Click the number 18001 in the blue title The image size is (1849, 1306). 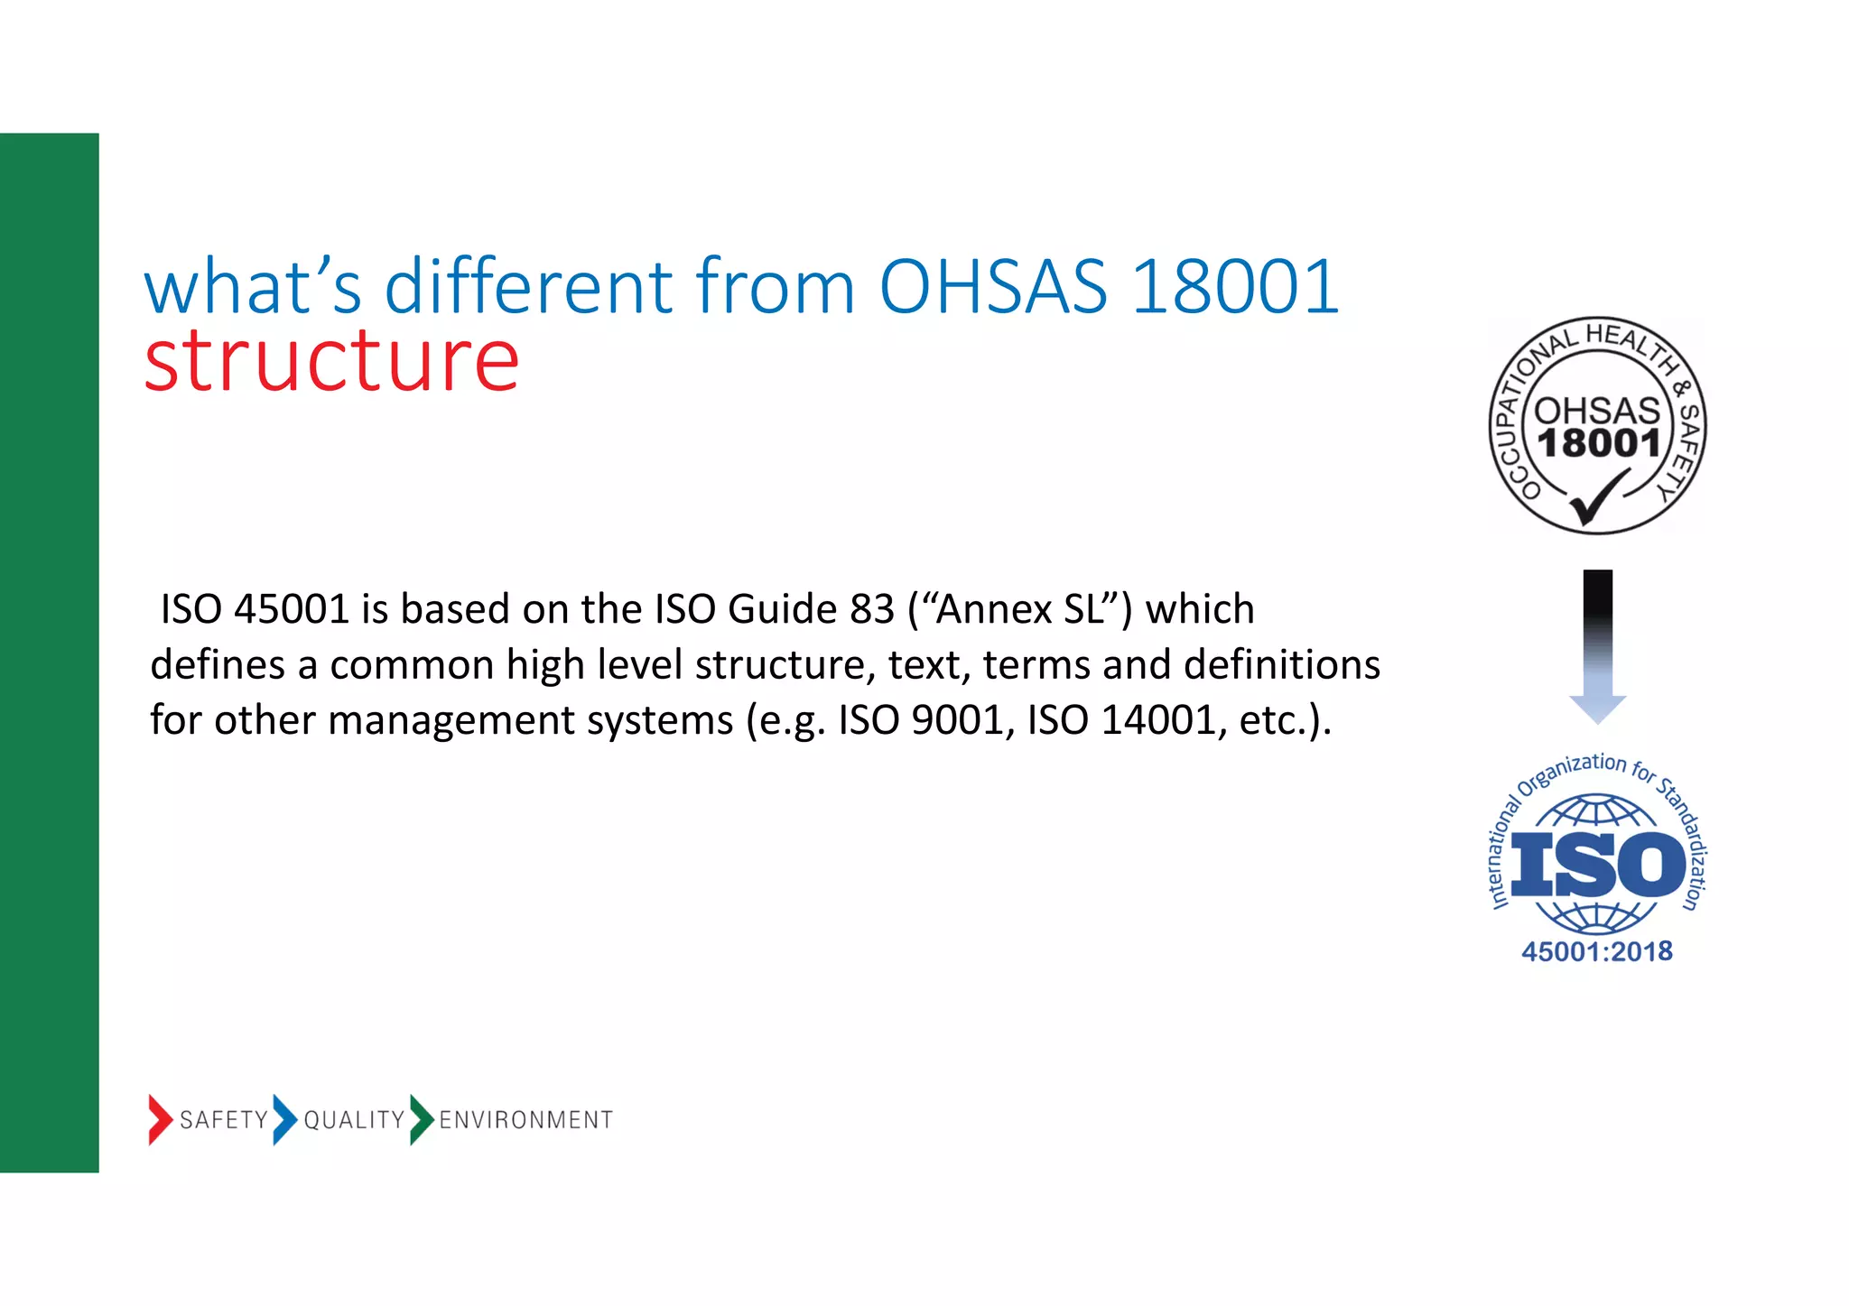pyautogui.click(x=1234, y=288)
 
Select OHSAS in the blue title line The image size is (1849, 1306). pyautogui.click(x=993, y=288)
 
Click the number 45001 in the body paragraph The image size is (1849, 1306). pyautogui.click(x=291, y=609)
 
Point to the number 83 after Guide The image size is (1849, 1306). pyautogui.click(x=871, y=609)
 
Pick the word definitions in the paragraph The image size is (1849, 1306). pyautogui.click(x=1281, y=665)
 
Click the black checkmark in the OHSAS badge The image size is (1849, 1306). pyautogui.click(x=1596, y=499)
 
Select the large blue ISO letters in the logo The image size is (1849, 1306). pyautogui.click(x=1597, y=864)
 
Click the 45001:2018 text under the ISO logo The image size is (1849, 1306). pyautogui.click(x=1596, y=951)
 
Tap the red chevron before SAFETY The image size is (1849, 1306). pyautogui.click(x=160, y=1119)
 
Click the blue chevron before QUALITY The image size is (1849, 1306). pyautogui.click(x=284, y=1119)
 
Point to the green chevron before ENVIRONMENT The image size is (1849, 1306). pyautogui.click(x=421, y=1119)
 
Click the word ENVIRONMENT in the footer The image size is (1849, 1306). pyautogui.click(x=525, y=1120)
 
